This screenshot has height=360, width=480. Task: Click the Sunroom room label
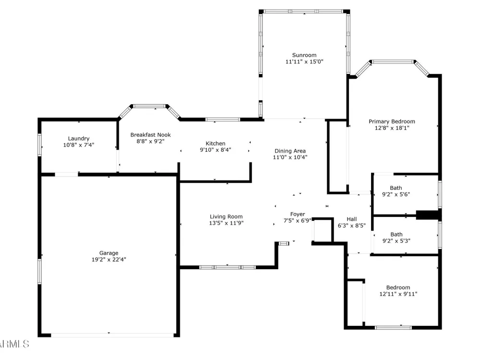pos(304,55)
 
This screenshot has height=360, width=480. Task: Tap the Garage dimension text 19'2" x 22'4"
pos(108,260)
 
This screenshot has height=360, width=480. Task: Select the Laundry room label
pos(79,139)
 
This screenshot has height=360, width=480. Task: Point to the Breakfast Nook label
pos(150,135)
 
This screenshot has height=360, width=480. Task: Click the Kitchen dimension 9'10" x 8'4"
pos(216,150)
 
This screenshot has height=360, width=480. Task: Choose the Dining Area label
pos(290,151)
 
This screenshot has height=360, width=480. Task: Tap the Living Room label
pos(226,217)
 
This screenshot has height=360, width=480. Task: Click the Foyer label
pos(298,214)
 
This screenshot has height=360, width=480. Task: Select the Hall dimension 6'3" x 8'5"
pos(352,226)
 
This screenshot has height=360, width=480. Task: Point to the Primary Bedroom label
pos(392,121)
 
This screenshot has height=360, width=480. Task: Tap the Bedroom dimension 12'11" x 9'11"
pos(398,294)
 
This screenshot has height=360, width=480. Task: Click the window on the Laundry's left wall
pos(39,145)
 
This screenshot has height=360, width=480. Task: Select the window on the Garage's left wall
pos(39,271)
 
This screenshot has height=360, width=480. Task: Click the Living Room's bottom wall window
pos(228,267)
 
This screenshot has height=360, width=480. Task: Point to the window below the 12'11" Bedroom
pos(393,327)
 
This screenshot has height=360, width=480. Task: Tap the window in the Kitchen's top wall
pos(223,120)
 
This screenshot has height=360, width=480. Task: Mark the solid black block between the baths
pos(428,215)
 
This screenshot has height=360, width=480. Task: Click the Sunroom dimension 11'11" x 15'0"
pos(304,61)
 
